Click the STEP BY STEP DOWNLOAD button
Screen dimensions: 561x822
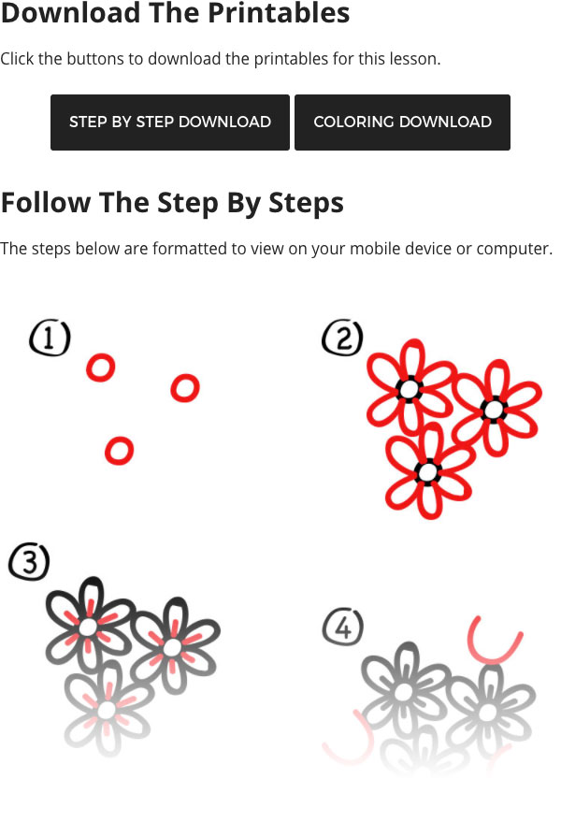[170, 123]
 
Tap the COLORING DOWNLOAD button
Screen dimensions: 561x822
[402, 123]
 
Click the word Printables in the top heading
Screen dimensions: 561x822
[279, 12]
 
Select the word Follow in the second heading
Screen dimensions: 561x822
[46, 202]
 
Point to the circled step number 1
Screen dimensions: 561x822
[50, 339]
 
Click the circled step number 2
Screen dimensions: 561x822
[342, 339]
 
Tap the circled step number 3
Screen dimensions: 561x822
[29, 561]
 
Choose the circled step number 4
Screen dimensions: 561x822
[342, 627]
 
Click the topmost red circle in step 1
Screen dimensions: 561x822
[101, 368]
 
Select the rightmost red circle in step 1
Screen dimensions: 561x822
[185, 388]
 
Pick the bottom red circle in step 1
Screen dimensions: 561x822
[119, 451]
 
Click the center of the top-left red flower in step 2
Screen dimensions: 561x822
[410, 389]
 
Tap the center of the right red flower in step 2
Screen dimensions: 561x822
[493, 410]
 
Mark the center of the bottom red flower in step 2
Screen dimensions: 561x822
[428, 472]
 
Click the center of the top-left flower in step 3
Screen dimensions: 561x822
[88, 627]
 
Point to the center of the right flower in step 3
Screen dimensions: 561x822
[172, 647]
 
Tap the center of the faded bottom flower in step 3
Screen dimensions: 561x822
[107, 711]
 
